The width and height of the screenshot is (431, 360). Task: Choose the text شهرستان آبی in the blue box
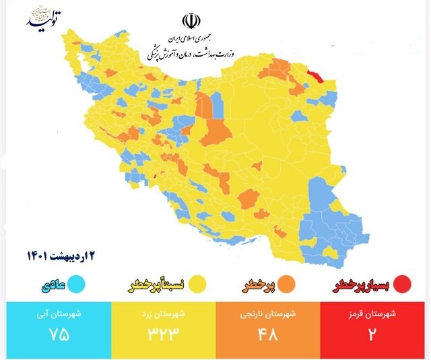click(x=59, y=314)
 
